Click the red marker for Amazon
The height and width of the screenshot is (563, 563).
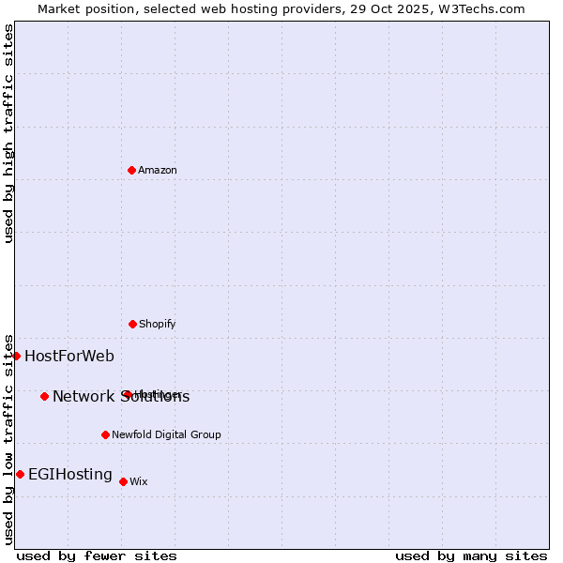pyautogui.click(x=131, y=170)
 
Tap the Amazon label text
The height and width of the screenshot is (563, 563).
pyautogui.click(x=158, y=171)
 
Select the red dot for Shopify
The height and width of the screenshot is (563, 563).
pyautogui.click(x=132, y=324)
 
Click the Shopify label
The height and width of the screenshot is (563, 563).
pyautogui.click(x=158, y=325)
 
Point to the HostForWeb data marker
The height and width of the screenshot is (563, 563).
pyautogui.click(x=16, y=356)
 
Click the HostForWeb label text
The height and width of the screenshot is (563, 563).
pyautogui.click(x=69, y=356)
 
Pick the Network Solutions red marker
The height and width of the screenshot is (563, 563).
pyautogui.click(x=44, y=396)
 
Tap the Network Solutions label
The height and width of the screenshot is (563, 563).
pyautogui.click(x=121, y=397)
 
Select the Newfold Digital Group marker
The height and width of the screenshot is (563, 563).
pyautogui.click(x=105, y=434)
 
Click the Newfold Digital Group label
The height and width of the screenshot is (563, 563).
pyautogui.click(x=166, y=435)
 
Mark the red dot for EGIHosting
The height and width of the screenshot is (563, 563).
pyautogui.click(x=20, y=474)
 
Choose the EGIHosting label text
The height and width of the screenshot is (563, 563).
pyautogui.click(x=70, y=475)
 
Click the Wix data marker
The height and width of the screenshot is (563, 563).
pyautogui.click(x=123, y=481)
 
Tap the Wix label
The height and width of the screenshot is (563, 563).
pyautogui.click(x=139, y=482)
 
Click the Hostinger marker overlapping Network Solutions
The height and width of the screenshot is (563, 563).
pyautogui.click(x=126, y=394)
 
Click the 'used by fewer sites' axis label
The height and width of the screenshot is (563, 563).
pyautogui.click(x=97, y=555)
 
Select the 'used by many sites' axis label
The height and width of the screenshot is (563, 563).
pyautogui.click(x=471, y=555)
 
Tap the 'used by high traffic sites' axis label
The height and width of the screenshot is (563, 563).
pyautogui.click(x=8, y=133)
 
